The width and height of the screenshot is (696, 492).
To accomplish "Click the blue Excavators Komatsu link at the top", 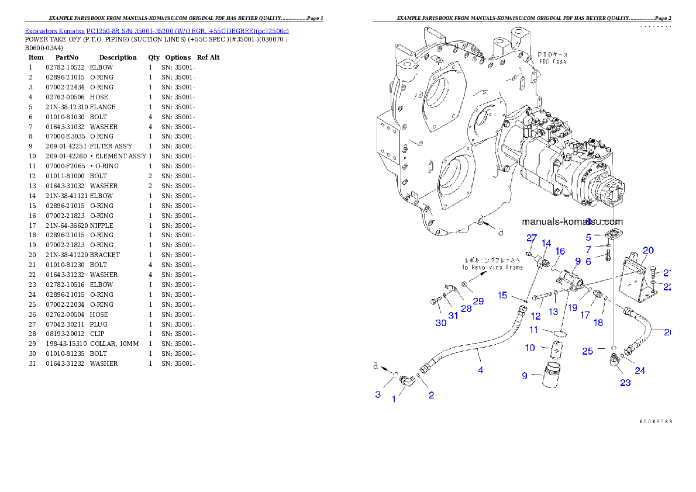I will click(x=156, y=30).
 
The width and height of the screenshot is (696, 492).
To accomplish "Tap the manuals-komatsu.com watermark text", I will click(x=572, y=221).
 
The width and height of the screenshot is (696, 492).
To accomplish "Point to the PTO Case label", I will click(x=553, y=58).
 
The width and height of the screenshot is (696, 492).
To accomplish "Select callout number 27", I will click(x=531, y=238).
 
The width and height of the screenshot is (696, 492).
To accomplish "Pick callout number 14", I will click(x=546, y=243).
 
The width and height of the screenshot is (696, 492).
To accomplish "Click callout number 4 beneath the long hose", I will click(x=481, y=370).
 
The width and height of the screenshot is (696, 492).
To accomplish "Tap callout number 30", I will click(x=441, y=323).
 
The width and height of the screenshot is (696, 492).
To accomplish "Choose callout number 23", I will click(x=625, y=383).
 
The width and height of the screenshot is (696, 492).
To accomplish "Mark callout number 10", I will click(x=530, y=348).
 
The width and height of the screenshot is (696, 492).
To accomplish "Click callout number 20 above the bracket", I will click(x=648, y=251).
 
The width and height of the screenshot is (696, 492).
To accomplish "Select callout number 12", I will click(x=535, y=316).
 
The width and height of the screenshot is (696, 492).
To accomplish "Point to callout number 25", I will click(x=588, y=351).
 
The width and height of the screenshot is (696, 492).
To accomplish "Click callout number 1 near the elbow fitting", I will click(x=394, y=399).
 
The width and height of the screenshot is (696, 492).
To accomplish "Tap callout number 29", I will click(x=478, y=302).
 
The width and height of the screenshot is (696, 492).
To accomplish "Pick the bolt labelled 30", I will click(x=433, y=302).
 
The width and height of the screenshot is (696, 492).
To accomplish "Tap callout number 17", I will click(x=585, y=315).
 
